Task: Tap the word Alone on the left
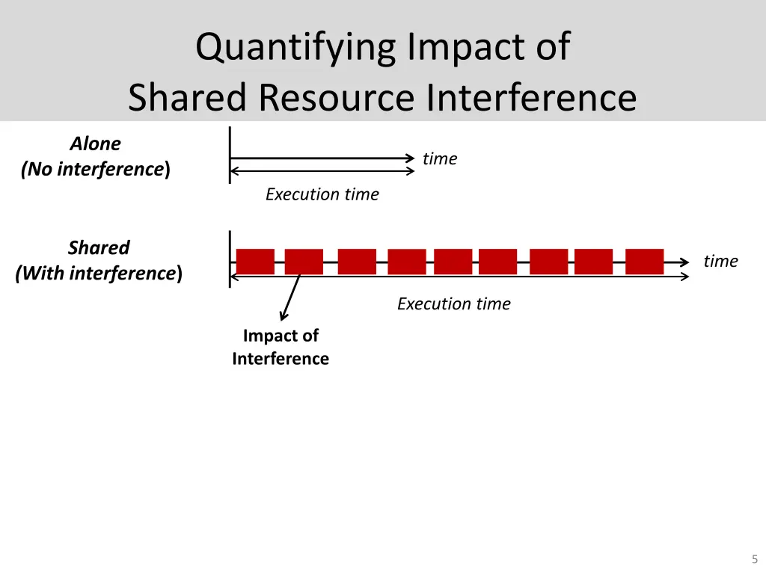coord(96,143)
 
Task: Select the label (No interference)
coord(96,170)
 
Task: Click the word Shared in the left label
coord(99,247)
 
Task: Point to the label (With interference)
coord(99,274)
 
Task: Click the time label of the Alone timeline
coord(439,158)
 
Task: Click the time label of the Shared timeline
coord(720,261)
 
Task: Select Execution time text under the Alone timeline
coord(322,194)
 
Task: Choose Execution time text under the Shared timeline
coord(453,304)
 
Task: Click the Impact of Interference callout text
coord(281,348)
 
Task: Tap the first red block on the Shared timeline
coord(255,262)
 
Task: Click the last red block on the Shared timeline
coord(644,262)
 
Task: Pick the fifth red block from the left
coord(453,262)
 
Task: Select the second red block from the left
coord(304,262)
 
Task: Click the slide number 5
coord(754,559)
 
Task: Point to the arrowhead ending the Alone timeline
coord(410,158)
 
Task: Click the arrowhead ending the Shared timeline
coord(684,262)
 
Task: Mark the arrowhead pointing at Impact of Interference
coord(283,318)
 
